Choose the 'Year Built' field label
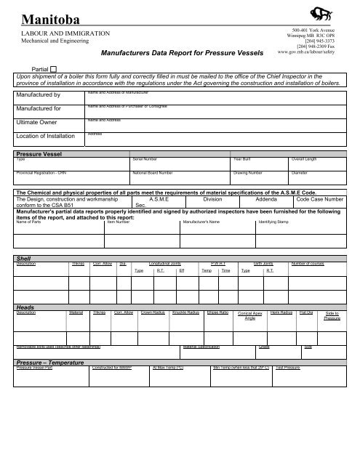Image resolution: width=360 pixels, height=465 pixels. click(x=241, y=158)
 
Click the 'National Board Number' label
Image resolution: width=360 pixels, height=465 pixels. click(x=153, y=174)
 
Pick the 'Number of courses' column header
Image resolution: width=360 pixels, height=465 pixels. click(x=311, y=263)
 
